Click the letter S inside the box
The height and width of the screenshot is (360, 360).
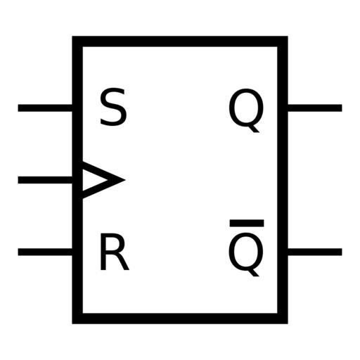pos(113,107)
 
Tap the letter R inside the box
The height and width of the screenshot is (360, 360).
pos(115,252)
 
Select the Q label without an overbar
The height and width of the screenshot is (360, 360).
pos(246,110)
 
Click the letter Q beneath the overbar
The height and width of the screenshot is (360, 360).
pos(246,255)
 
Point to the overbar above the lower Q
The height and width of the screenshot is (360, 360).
pos(247,223)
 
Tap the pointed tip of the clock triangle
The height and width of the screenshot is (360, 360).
pos(124,180)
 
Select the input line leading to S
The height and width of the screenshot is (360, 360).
pos(45,108)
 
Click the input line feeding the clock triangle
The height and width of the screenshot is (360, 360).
pos(45,180)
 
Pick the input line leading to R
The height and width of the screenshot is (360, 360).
pos(45,252)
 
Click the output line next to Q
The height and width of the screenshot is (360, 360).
pos(315,108)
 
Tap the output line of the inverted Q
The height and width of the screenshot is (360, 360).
pos(315,252)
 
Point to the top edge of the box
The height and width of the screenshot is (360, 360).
pos(180,41)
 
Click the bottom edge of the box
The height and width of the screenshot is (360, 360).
pos(180,319)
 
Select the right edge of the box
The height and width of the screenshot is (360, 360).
pos(283,180)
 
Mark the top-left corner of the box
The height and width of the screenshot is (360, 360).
pos(72,37)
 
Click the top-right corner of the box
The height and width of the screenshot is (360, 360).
pos(288,37)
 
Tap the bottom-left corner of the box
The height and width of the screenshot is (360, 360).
pos(72,323)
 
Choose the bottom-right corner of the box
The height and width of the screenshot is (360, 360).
pos(288,323)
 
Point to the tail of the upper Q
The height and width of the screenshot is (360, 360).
pos(255,129)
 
